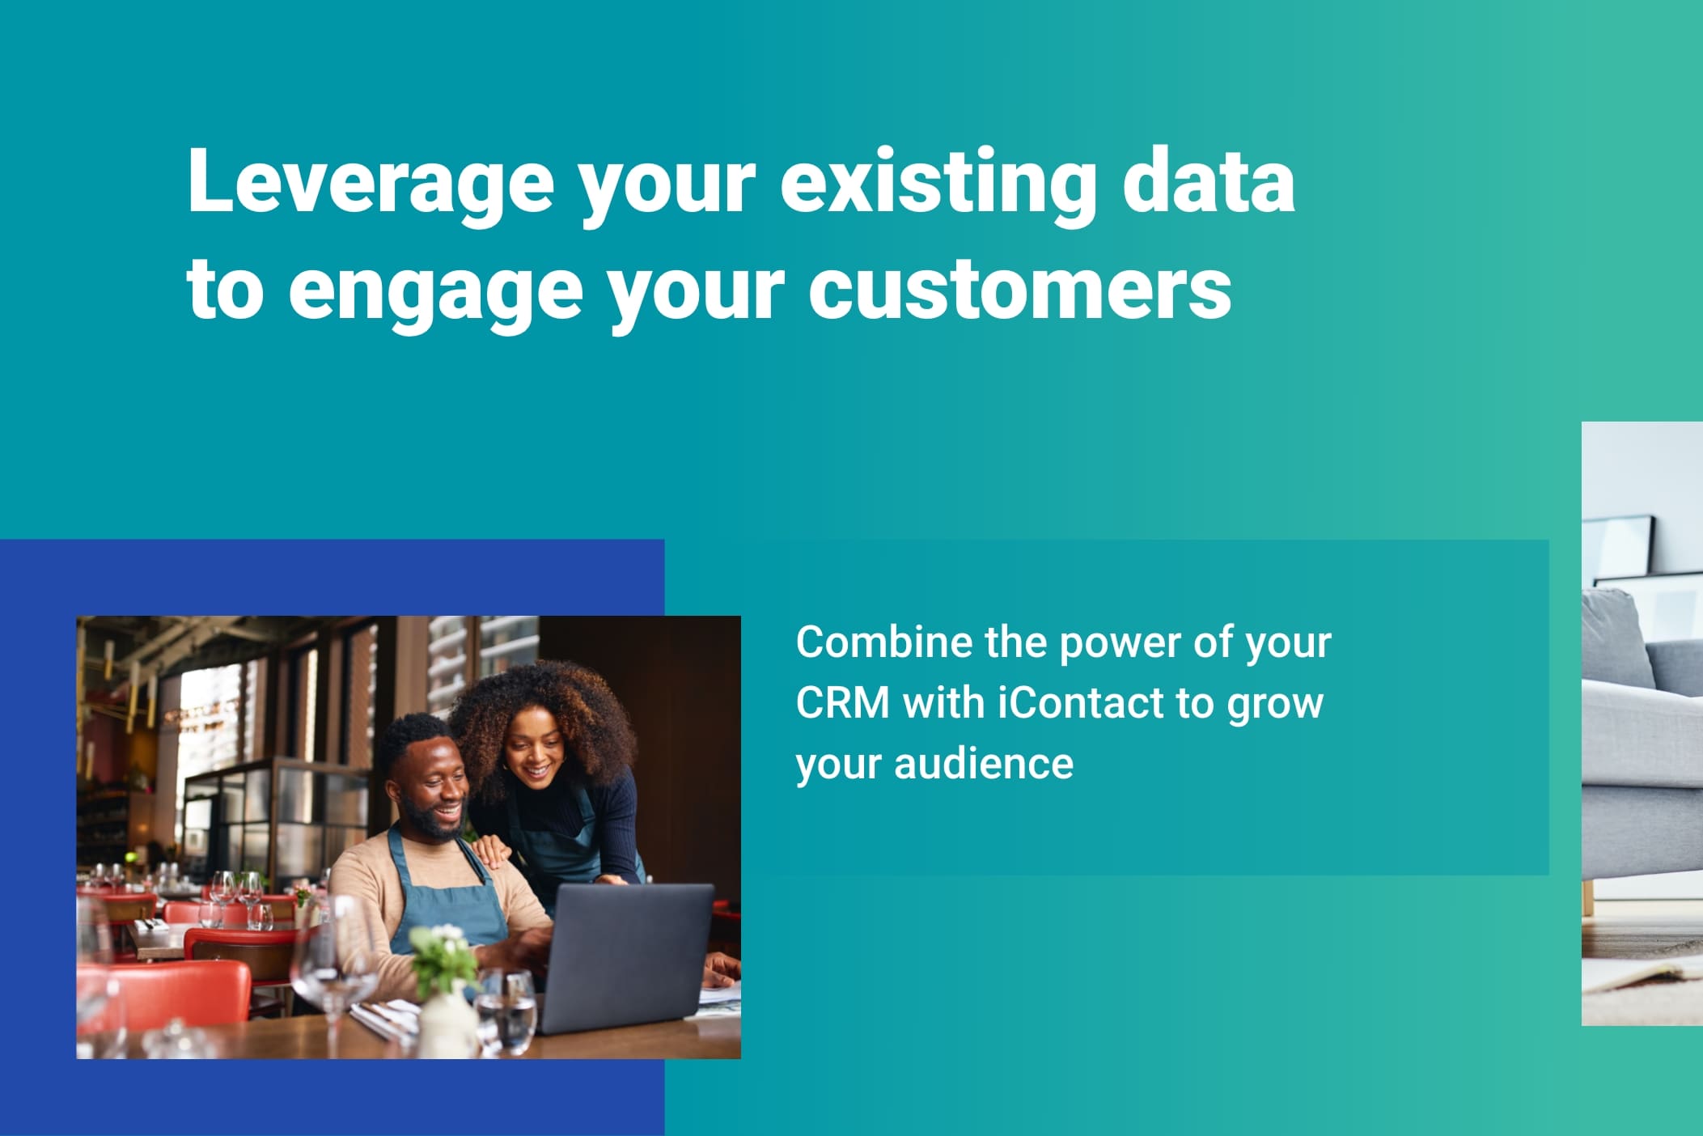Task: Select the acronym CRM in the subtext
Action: tap(842, 702)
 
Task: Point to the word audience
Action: tap(984, 763)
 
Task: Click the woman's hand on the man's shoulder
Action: tap(490, 850)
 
